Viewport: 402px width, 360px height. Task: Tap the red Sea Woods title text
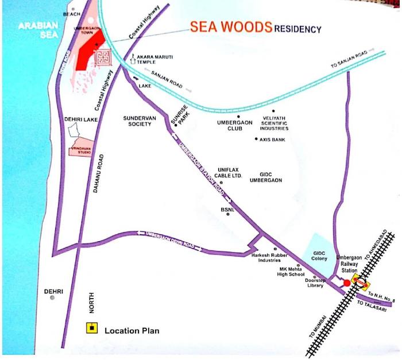pos(231,27)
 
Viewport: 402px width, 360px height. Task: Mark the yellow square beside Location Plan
pos(91,329)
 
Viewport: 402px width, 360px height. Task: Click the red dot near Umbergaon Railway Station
pos(347,283)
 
